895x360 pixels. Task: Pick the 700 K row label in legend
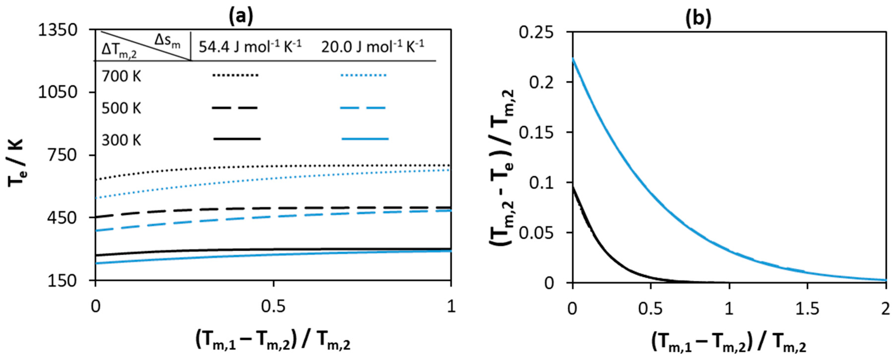pos(121,76)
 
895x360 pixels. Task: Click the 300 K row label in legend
pos(121,141)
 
